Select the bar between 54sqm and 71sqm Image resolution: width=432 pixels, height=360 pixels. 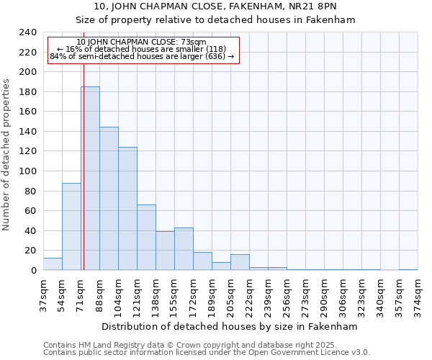[71, 227]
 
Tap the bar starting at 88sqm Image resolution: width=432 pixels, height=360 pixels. [109, 199]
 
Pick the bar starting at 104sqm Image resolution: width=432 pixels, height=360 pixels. [127, 209]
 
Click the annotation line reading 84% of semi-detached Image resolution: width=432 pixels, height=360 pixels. [142, 56]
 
